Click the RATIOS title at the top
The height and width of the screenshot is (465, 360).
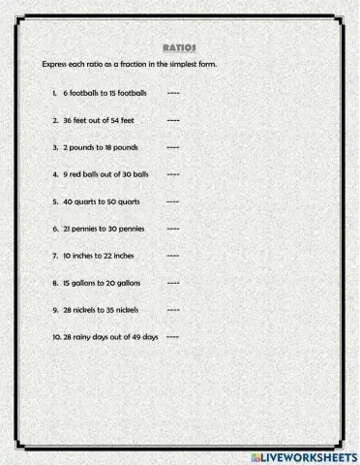click(181, 46)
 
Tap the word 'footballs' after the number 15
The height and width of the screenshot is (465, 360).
click(131, 93)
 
